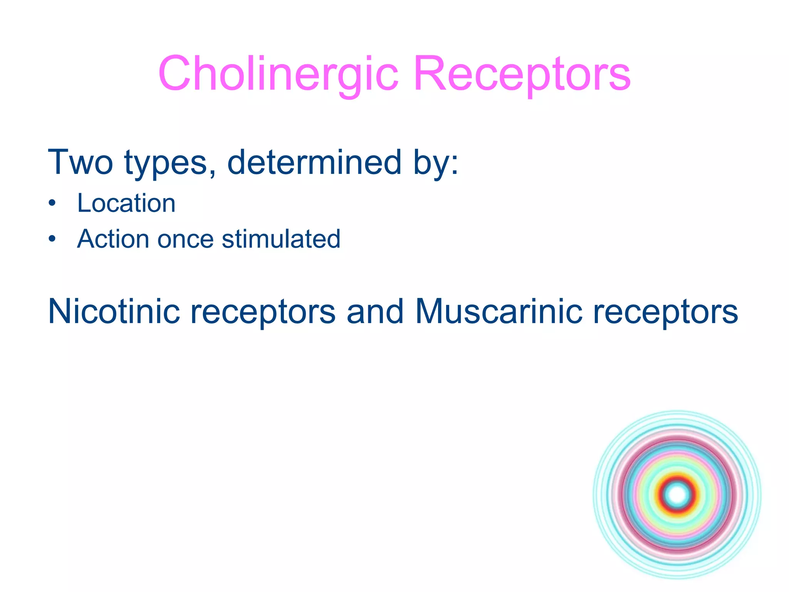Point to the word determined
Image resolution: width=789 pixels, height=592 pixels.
(314, 162)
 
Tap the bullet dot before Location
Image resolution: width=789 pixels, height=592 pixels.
(52, 203)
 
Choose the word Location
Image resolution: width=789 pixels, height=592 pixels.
(126, 203)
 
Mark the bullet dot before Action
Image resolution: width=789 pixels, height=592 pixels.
(52, 239)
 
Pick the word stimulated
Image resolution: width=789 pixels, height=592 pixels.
(281, 239)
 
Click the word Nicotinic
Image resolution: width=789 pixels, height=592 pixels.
(114, 311)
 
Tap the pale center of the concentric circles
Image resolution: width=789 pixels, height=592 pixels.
(677, 494)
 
